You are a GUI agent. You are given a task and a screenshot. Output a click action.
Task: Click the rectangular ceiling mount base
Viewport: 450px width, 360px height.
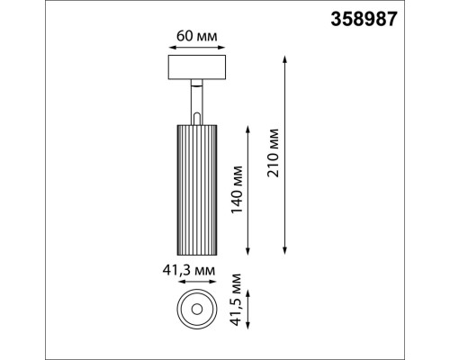coord(193,68)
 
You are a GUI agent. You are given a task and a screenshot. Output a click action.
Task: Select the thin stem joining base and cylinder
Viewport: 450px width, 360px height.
coord(194,98)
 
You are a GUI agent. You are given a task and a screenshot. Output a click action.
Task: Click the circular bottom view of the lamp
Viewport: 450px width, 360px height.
coord(194,308)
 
